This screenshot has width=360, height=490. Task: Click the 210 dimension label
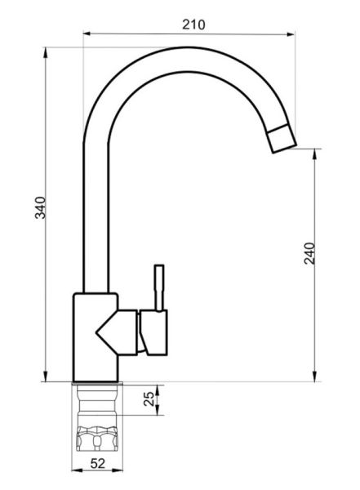pos(193,24)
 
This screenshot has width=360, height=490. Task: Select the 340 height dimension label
pos(40,207)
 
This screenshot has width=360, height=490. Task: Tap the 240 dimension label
pos(309,253)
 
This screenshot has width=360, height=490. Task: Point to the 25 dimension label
pos(149,399)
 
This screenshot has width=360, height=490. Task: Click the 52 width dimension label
pos(98,463)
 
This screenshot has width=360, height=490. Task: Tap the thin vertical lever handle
pos(159,287)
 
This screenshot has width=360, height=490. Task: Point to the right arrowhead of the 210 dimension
pos(291,33)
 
